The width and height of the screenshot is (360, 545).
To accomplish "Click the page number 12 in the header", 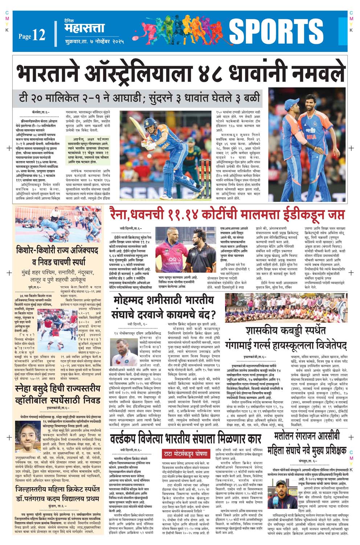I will coord(38,35).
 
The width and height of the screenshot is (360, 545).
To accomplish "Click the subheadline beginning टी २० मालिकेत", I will coord(140,98).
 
